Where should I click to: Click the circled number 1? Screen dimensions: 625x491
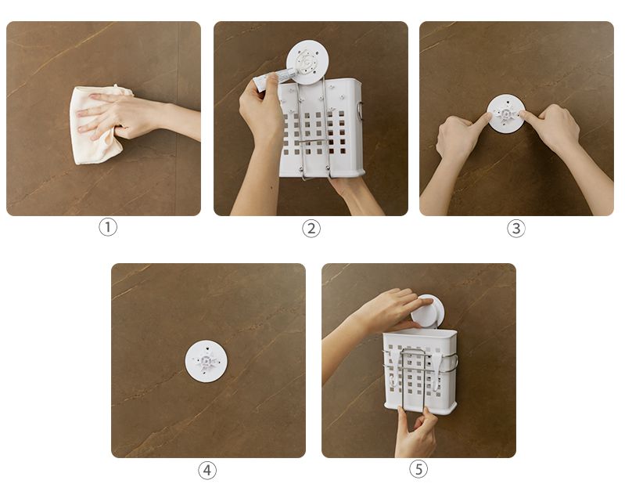point(108,227)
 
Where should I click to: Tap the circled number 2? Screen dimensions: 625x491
point(311,229)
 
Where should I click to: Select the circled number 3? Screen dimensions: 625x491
point(515,229)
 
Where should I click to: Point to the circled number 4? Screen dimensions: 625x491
point(207,470)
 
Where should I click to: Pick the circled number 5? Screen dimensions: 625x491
point(418,469)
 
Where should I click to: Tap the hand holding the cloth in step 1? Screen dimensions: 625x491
point(131,116)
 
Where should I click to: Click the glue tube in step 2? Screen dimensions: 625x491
point(275,78)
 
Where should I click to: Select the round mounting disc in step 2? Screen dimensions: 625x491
point(307,62)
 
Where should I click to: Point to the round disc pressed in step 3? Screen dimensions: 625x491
point(506,114)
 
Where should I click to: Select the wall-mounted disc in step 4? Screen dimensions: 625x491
point(206,361)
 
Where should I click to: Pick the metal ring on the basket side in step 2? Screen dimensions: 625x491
point(361,111)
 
